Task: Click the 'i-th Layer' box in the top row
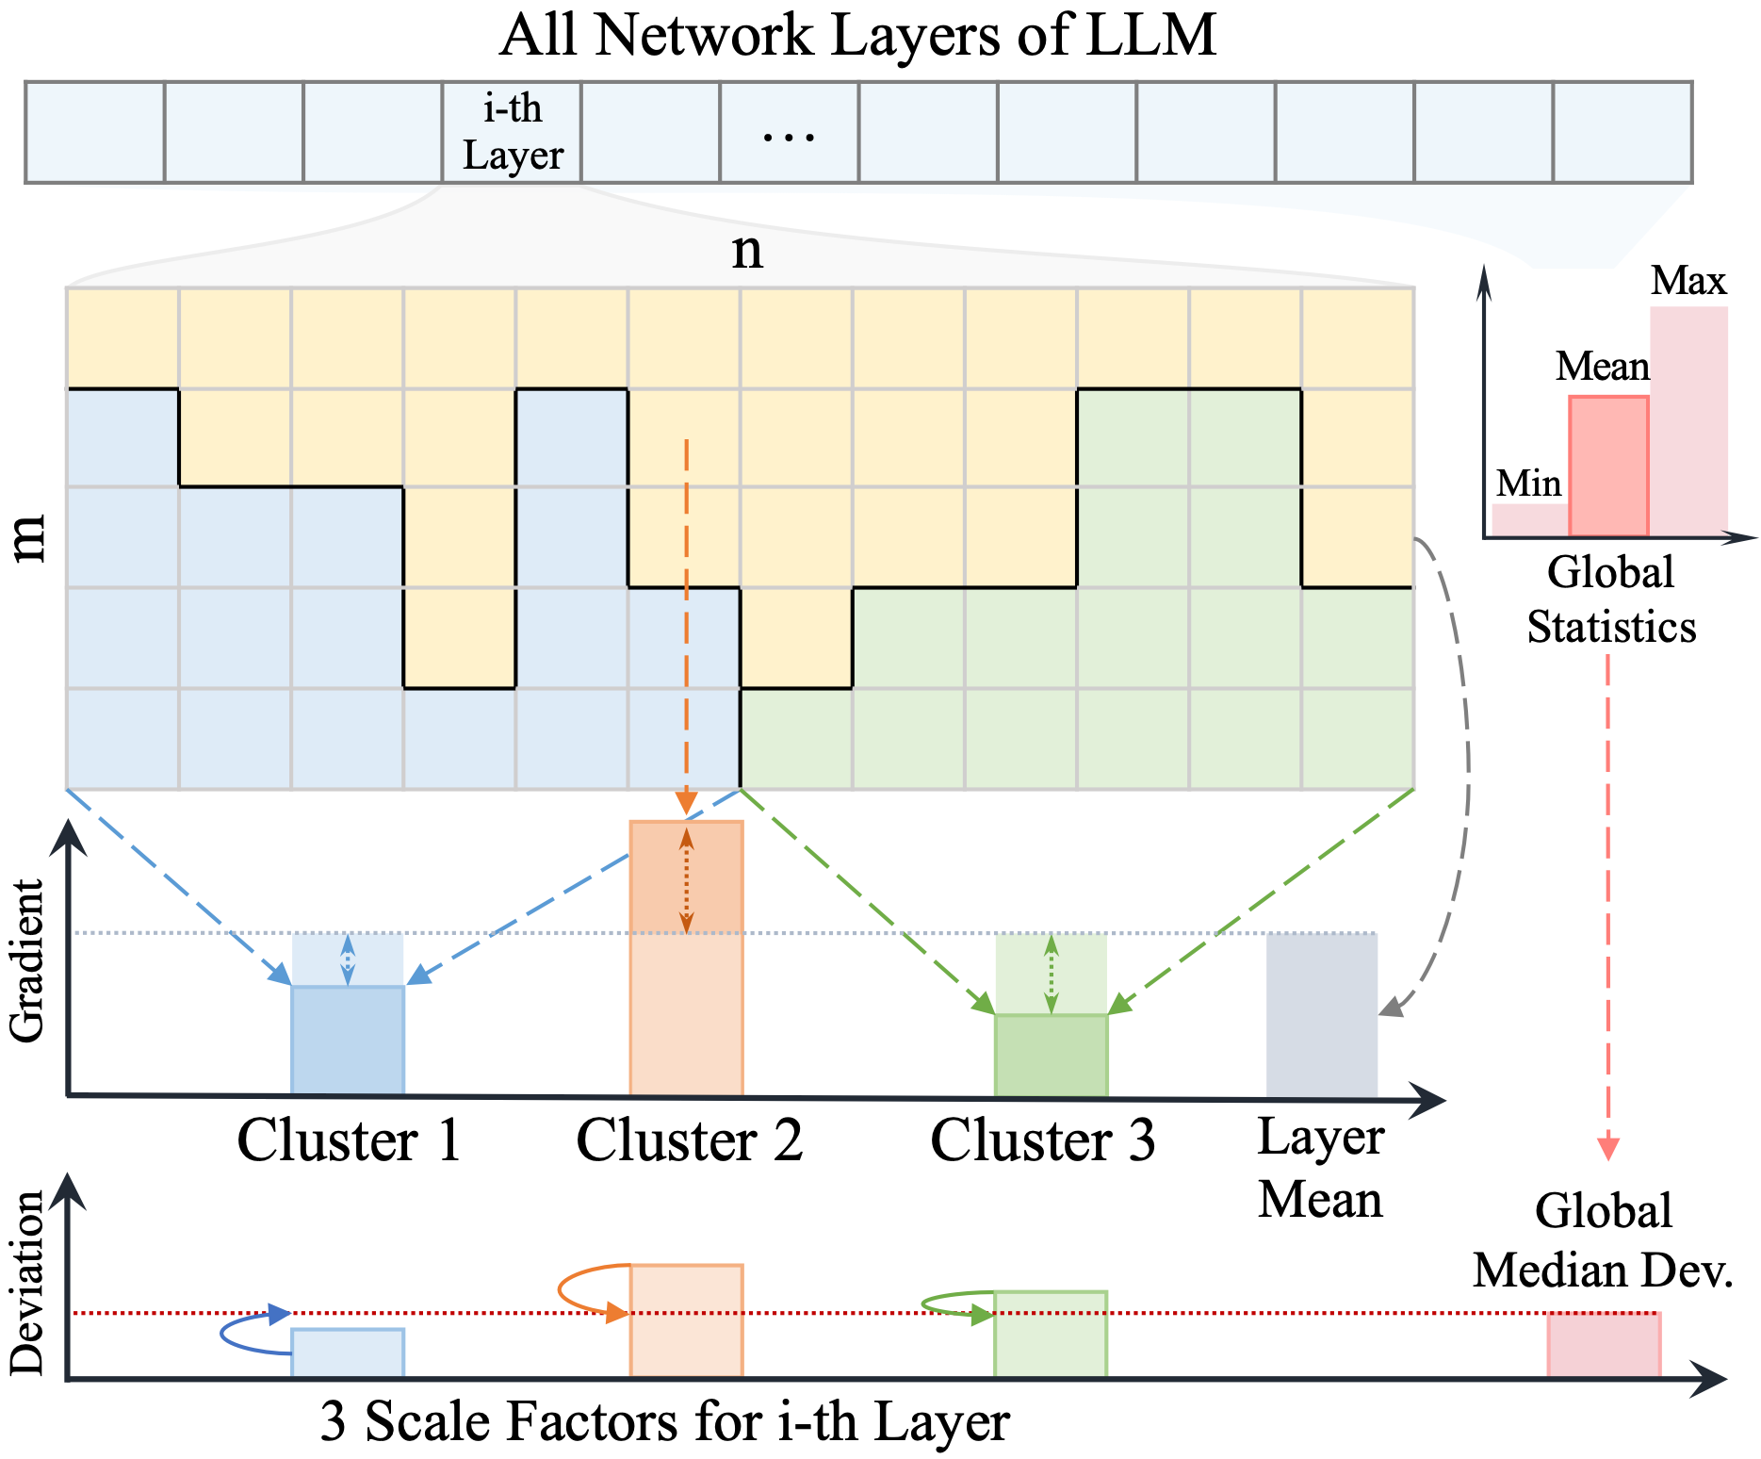click(512, 132)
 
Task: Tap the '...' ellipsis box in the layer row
click(790, 132)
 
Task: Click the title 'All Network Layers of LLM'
click(857, 36)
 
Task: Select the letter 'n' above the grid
click(747, 253)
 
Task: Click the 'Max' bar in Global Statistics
click(1689, 422)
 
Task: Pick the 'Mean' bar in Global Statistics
click(1608, 467)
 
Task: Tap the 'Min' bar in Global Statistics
click(1530, 520)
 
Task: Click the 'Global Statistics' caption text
click(1611, 599)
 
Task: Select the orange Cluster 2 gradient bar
click(687, 959)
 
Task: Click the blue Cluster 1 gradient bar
click(348, 1041)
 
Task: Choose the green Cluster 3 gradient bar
click(1052, 1056)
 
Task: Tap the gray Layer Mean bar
click(1322, 1015)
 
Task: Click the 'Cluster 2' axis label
click(690, 1140)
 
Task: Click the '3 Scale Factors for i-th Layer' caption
click(664, 1422)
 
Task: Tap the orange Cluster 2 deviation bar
click(687, 1321)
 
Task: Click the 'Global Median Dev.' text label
click(1604, 1240)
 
